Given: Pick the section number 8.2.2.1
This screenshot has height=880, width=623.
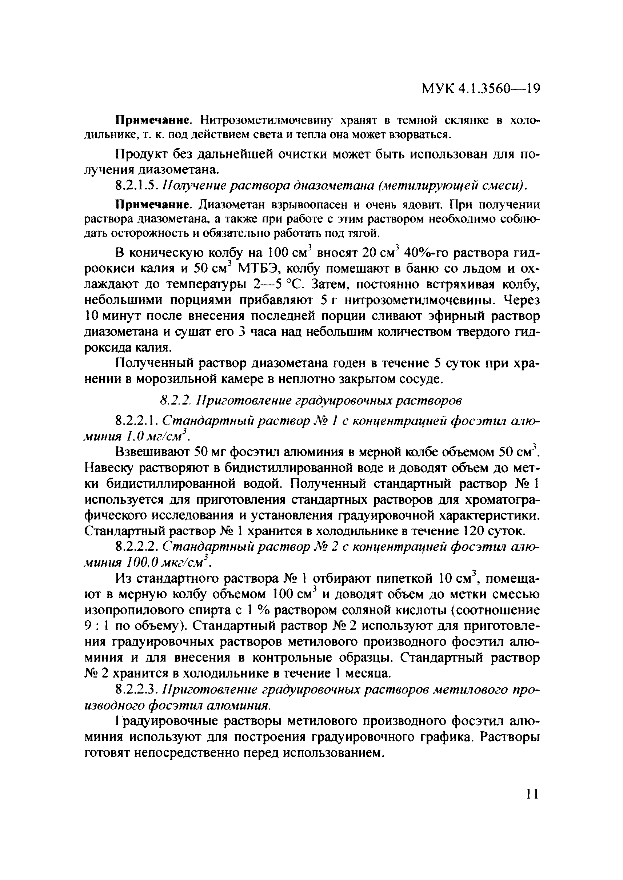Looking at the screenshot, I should (137, 421).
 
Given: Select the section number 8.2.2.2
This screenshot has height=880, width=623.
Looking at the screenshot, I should (137, 547).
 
